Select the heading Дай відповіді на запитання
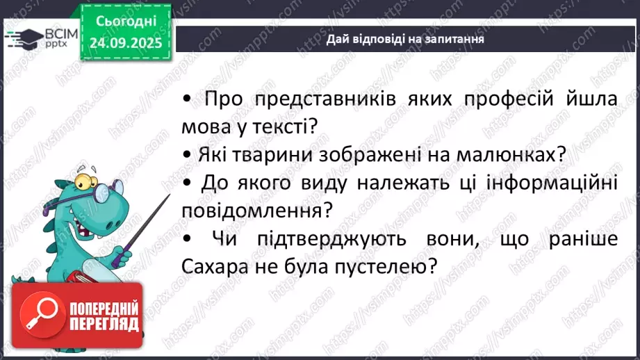tap(405, 40)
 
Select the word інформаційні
tap(555, 183)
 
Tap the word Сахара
tap(211, 265)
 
